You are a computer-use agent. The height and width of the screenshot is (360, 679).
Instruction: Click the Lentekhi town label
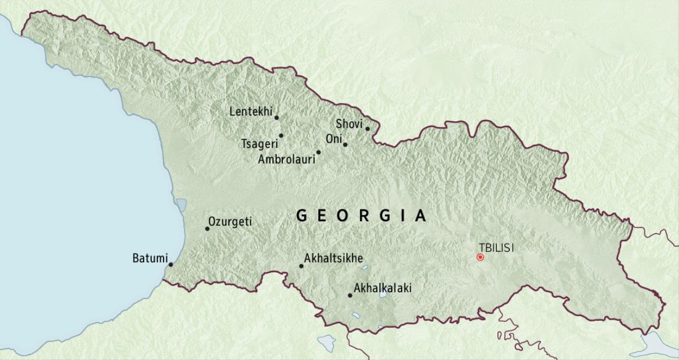click(x=251, y=112)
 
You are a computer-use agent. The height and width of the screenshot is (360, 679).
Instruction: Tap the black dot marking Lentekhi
click(x=277, y=118)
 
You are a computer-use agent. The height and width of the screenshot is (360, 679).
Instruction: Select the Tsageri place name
click(x=259, y=143)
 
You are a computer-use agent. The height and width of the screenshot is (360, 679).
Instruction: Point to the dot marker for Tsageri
click(x=281, y=135)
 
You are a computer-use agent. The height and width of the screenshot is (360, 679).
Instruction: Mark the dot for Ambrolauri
click(x=319, y=152)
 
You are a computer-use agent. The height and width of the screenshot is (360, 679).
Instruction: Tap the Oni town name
click(x=333, y=139)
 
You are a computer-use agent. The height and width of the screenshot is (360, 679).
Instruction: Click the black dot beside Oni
click(x=345, y=144)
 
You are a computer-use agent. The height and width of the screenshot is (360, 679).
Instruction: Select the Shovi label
click(x=349, y=123)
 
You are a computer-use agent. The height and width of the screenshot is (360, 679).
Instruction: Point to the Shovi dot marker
click(x=367, y=128)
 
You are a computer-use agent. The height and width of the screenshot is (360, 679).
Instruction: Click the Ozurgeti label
click(x=230, y=222)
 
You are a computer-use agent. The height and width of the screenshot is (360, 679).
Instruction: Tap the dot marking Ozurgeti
click(x=207, y=229)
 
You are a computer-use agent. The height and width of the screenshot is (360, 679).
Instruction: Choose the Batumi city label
click(x=149, y=259)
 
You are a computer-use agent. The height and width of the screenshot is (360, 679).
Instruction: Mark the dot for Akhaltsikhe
click(x=301, y=266)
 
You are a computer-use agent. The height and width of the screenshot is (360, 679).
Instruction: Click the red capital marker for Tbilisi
click(x=480, y=257)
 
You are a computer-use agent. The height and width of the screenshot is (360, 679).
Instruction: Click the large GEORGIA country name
click(x=361, y=216)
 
